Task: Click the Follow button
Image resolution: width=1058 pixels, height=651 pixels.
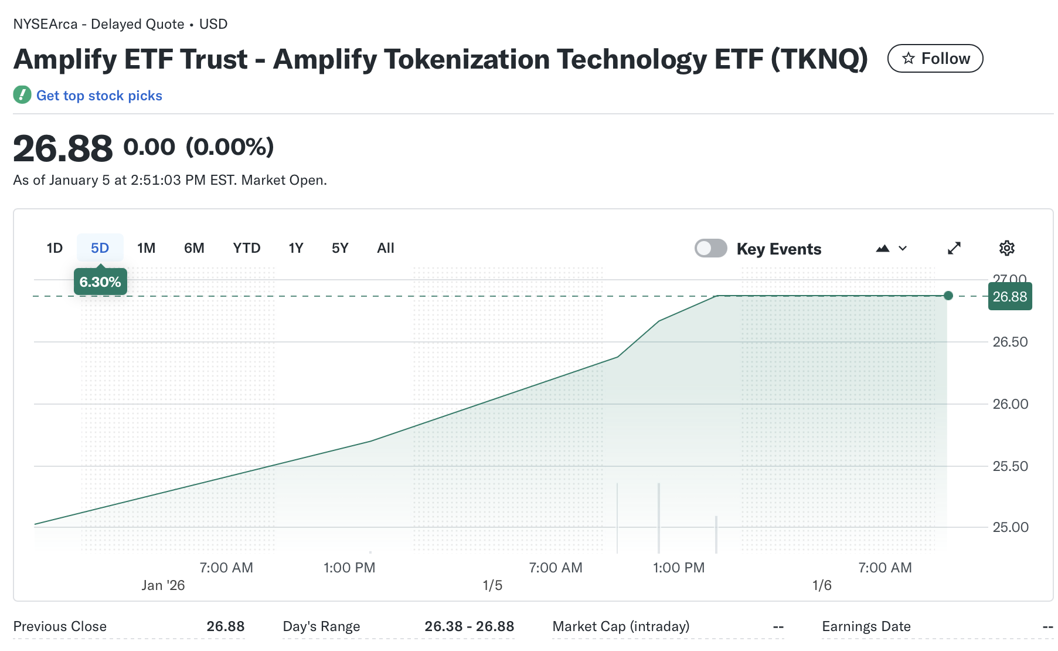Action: pyautogui.click(x=935, y=59)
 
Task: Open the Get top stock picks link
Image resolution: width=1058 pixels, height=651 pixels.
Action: pyautogui.click(x=99, y=96)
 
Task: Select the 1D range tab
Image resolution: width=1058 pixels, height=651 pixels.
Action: pyautogui.click(x=55, y=248)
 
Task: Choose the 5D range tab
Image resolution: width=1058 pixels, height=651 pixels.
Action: pyautogui.click(x=100, y=248)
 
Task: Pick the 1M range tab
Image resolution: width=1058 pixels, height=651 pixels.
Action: pyautogui.click(x=146, y=248)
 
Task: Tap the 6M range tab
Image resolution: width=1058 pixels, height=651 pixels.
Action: pyautogui.click(x=194, y=248)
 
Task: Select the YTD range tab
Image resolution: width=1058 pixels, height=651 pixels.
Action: pyautogui.click(x=246, y=248)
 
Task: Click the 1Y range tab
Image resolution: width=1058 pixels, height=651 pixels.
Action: pyautogui.click(x=296, y=248)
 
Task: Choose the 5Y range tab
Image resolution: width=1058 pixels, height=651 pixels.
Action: pyautogui.click(x=340, y=248)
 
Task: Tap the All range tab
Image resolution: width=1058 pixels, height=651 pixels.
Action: pyautogui.click(x=386, y=248)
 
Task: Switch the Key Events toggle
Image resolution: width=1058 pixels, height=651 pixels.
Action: pyautogui.click(x=710, y=249)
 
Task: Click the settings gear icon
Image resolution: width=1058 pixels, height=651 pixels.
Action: pyautogui.click(x=1006, y=248)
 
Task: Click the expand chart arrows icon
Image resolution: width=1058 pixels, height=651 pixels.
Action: pyautogui.click(x=954, y=248)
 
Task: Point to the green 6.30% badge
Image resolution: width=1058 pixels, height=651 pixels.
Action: pyautogui.click(x=100, y=282)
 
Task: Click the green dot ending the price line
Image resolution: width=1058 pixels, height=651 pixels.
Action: pyautogui.click(x=948, y=296)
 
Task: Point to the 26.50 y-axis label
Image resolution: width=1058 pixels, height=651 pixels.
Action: pyautogui.click(x=1010, y=342)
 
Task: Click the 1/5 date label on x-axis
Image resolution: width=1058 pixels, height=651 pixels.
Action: pyautogui.click(x=492, y=585)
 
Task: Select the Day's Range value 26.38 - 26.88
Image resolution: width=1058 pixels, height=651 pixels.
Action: pyautogui.click(x=469, y=626)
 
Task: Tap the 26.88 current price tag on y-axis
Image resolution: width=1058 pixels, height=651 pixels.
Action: pyautogui.click(x=1010, y=297)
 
